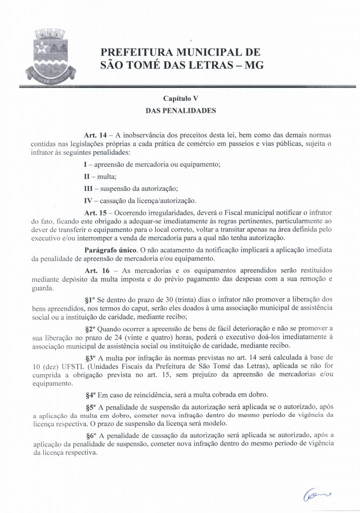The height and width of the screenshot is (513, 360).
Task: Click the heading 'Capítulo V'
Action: click(180, 99)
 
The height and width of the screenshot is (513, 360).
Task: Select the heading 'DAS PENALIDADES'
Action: click(180, 111)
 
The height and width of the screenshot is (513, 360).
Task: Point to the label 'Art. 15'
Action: click(95, 212)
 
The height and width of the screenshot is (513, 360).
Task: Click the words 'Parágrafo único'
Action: click(103, 249)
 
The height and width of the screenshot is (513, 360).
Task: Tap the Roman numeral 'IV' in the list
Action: click(88, 200)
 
